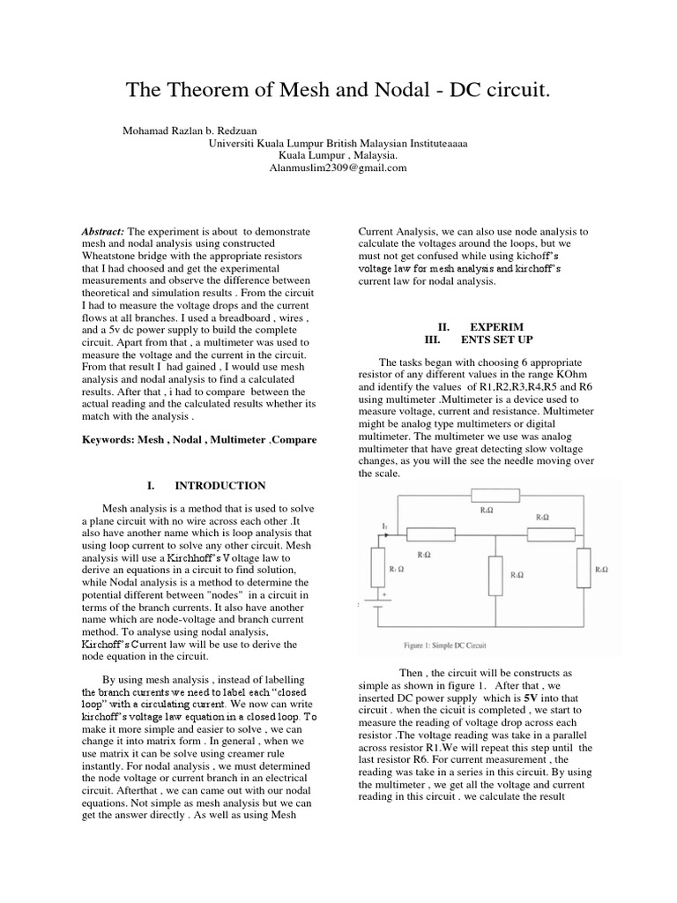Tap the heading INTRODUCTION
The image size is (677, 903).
[220, 485]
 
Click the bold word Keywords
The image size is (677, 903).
[107, 439]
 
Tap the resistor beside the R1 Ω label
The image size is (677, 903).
[379, 566]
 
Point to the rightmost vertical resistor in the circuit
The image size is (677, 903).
[584, 567]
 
